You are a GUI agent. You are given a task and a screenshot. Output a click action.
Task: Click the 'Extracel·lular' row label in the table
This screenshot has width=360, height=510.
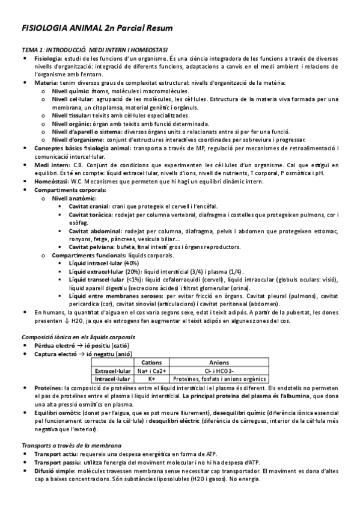coord(112,370)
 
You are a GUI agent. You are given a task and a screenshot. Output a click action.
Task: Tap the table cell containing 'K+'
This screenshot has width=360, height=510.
coord(151,379)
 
